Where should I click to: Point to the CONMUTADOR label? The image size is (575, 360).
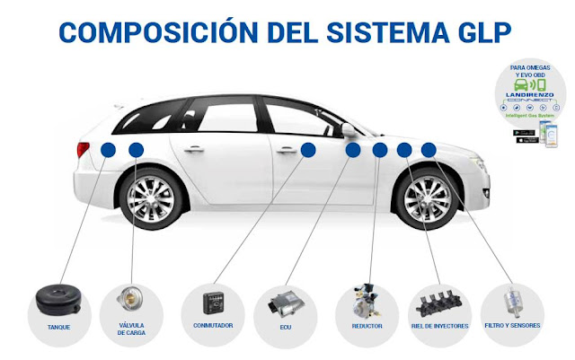coord(213,326)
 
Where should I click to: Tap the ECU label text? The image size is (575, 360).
coord(287,326)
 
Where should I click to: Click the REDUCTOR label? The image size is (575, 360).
coord(367,326)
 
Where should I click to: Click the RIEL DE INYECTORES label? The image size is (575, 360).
coord(439,326)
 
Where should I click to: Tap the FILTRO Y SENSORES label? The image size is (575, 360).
coord(512,326)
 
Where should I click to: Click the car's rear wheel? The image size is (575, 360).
coord(148,199)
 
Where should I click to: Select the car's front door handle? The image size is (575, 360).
coord(288,150)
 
